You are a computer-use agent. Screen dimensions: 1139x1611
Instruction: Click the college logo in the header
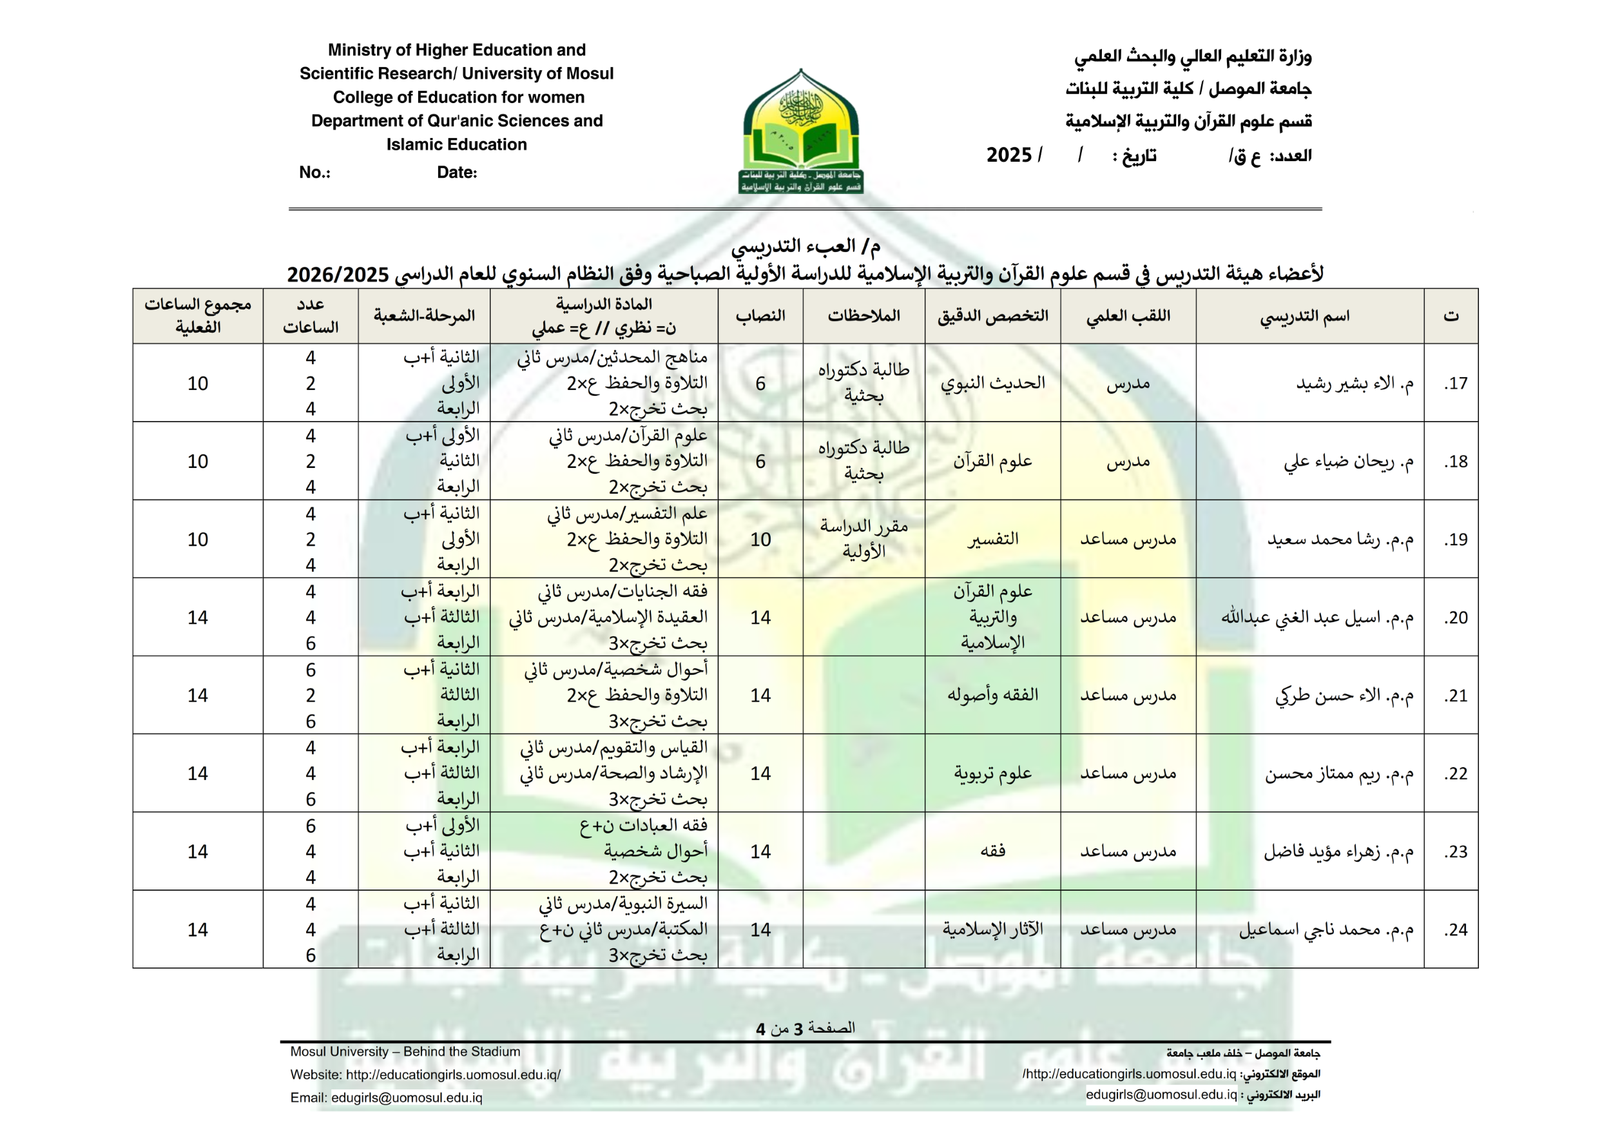click(801, 131)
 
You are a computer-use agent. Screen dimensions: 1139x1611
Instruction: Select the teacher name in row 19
click(1340, 539)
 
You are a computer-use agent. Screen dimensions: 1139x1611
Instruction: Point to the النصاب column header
click(760, 316)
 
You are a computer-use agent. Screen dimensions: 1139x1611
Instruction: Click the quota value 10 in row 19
click(760, 539)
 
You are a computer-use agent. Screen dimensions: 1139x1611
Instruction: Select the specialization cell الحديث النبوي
click(992, 383)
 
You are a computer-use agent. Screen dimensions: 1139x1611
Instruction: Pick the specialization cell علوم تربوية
click(992, 773)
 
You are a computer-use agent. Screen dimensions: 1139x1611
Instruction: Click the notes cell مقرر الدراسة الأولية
click(863, 538)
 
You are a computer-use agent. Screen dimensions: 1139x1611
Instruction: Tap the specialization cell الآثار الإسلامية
click(992, 929)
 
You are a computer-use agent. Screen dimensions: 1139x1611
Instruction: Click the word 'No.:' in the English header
click(314, 173)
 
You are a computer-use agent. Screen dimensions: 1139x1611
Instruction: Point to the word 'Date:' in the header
click(457, 173)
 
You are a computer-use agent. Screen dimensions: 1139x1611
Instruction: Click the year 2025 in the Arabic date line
click(1008, 155)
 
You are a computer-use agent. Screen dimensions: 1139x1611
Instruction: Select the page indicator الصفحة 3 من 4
click(805, 1028)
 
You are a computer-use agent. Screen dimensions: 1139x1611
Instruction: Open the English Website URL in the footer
click(452, 1075)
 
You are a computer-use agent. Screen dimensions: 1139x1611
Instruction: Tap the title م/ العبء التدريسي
click(805, 246)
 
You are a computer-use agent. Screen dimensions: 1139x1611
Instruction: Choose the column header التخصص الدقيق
click(992, 316)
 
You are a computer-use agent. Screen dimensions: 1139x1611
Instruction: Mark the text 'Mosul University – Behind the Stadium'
click(405, 1051)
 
